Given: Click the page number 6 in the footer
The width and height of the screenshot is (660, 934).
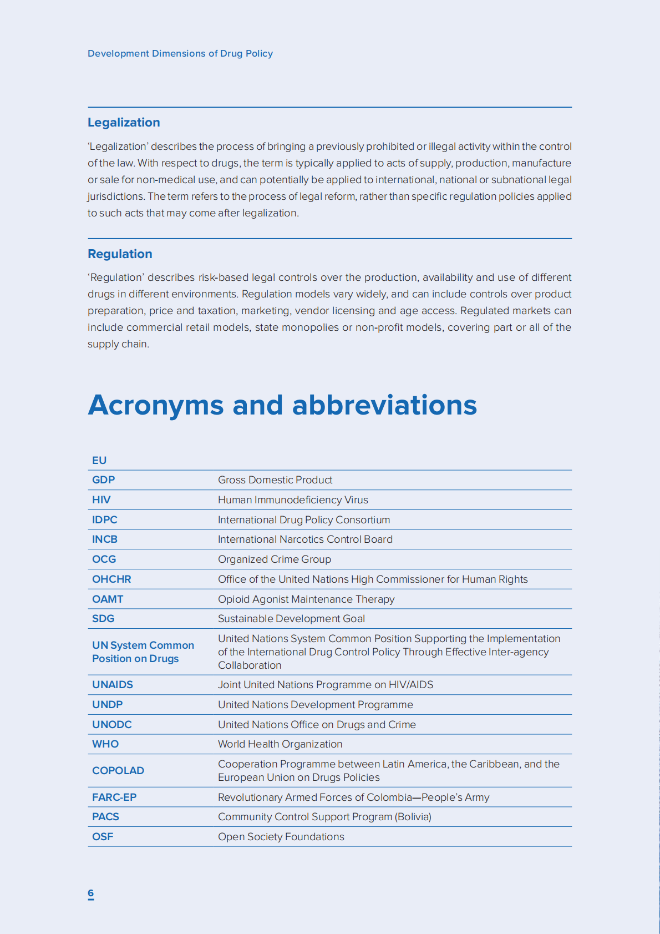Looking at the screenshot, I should click(x=91, y=893).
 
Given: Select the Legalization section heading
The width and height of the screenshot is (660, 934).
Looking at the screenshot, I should click(x=124, y=123).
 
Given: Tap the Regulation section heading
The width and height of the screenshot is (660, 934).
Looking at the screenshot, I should click(x=120, y=254).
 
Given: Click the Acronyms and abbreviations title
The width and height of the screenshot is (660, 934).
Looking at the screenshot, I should click(x=282, y=405).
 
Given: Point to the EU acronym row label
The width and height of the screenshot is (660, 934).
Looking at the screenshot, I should click(x=99, y=461).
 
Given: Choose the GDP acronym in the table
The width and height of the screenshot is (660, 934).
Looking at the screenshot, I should click(x=104, y=480).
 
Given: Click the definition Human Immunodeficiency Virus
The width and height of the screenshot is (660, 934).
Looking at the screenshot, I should click(x=293, y=500).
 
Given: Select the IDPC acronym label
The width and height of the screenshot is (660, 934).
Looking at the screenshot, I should click(x=105, y=520).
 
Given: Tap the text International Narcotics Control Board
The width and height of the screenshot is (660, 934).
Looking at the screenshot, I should click(x=305, y=539).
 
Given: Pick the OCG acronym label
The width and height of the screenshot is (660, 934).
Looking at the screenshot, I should click(x=104, y=559).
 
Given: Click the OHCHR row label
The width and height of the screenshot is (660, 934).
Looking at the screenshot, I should click(x=111, y=579).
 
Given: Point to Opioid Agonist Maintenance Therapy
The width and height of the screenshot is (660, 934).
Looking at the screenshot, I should click(x=306, y=599).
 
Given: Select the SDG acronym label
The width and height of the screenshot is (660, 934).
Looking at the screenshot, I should click(x=103, y=619).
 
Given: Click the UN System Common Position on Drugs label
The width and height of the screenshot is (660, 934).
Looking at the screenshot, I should click(x=143, y=652).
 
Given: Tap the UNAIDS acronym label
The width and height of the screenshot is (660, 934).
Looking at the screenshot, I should click(x=113, y=685).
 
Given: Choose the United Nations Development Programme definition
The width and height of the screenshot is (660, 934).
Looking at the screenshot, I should click(x=316, y=705).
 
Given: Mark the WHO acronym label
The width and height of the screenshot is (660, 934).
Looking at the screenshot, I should click(x=105, y=744).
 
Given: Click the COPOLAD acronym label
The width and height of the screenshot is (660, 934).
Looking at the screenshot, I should click(x=118, y=771).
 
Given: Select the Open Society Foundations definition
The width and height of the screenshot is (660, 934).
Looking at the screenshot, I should click(x=281, y=837).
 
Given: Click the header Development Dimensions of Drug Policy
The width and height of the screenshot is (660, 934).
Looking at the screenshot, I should click(x=180, y=54).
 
